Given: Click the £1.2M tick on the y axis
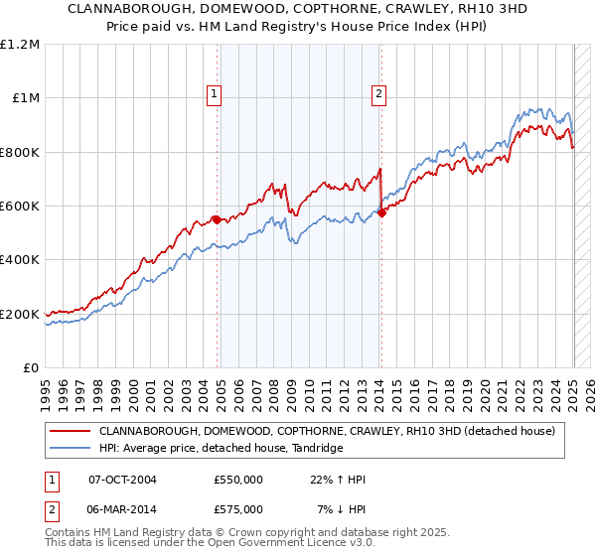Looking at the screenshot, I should click(x=20, y=44).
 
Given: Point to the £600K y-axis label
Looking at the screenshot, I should click(x=20, y=207).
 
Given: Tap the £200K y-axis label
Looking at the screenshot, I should click(x=20, y=314).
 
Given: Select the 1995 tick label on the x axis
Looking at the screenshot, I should click(x=46, y=387).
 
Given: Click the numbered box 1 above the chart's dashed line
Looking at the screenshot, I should click(x=215, y=95).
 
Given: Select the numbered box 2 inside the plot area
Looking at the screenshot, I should click(x=379, y=95).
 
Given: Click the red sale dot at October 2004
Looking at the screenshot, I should click(x=217, y=219).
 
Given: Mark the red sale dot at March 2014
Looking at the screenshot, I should click(x=381, y=212).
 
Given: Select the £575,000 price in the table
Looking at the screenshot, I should click(x=238, y=509).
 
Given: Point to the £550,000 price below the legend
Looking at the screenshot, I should click(x=238, y=480).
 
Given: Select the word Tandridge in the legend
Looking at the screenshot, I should click(x=315, y=449).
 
